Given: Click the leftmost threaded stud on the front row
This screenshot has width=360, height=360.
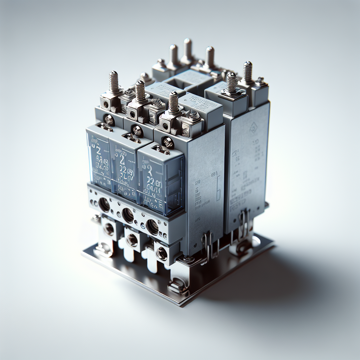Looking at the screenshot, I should coord(114,83).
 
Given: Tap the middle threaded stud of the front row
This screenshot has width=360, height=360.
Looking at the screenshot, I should coord(140,92).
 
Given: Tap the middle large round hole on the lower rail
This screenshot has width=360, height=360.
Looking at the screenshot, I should coord(128,215).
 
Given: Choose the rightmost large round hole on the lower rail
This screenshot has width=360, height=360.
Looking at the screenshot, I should coord(152,227).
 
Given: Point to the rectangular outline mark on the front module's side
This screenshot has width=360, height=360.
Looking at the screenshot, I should coord(197,183).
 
